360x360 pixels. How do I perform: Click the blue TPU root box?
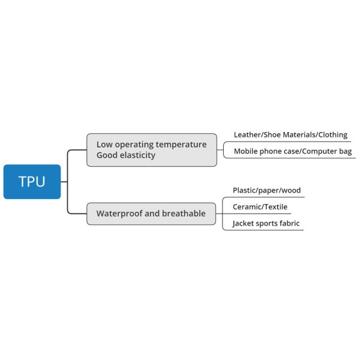(x=32, y=182)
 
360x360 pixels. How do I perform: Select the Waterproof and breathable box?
(x=151, y=214)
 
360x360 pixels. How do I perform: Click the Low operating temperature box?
(x=151, y=150)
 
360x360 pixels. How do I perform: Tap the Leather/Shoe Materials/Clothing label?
(x=290, y=135)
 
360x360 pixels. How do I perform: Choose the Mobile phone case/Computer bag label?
(x=293, y=151)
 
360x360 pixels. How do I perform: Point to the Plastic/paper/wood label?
(x=266, y=191)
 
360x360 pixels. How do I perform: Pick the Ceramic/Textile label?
(x=260, y=207)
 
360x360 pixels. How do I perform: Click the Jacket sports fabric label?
(x=266, y=224)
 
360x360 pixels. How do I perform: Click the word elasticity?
(x=137, y=155)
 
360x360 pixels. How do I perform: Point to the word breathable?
(x=184, y=214)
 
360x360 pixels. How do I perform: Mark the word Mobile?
(x=246, y=151)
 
